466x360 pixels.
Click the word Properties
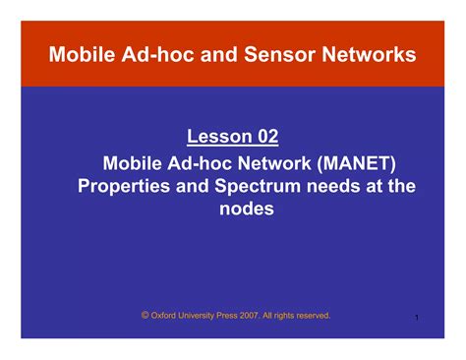pyautogui.click(x=126, y=185)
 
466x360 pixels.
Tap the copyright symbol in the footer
pyautogui.click(x=145, y=315)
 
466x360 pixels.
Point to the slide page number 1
pyautogui.click(x=418, y=318)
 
